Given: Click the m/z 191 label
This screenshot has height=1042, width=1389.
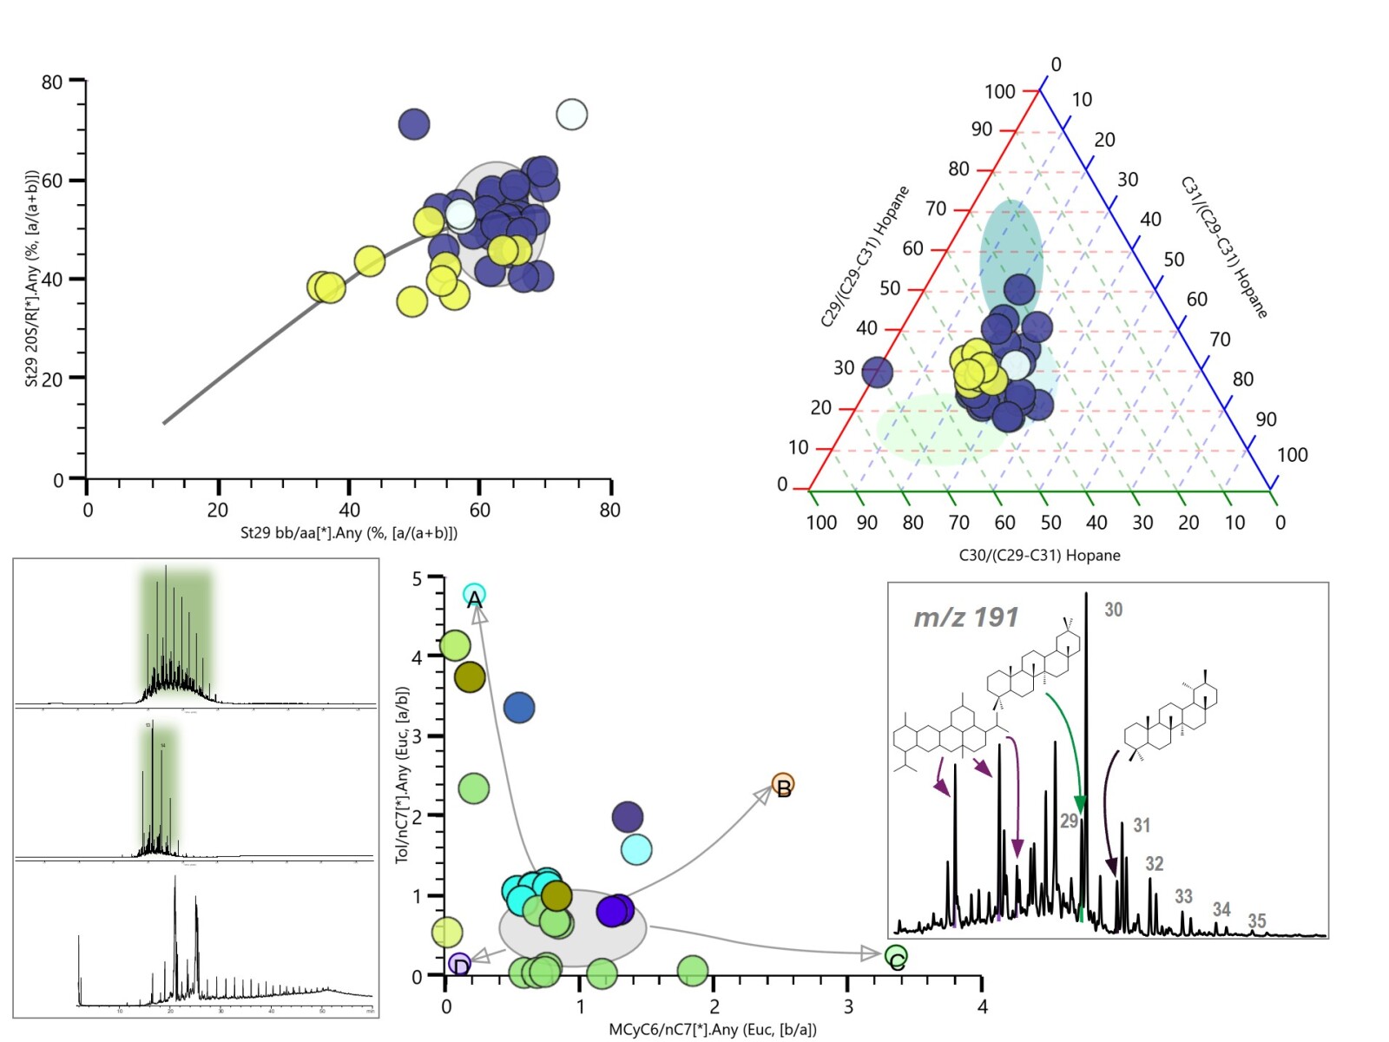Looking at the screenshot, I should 965,617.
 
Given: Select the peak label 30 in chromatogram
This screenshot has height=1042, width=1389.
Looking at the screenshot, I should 1113,610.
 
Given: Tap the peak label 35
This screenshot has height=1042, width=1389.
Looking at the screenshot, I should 1256,921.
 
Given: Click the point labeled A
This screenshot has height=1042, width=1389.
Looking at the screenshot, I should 474,596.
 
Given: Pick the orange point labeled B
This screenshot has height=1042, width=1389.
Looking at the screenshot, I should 783,785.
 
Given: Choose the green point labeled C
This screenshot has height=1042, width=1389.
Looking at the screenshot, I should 896,957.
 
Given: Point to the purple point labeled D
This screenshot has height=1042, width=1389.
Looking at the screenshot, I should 460,964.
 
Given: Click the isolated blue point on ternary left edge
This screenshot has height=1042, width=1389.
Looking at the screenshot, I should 877,373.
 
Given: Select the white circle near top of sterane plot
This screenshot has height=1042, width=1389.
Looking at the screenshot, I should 571,114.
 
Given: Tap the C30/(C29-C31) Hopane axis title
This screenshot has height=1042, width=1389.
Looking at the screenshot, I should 1039,555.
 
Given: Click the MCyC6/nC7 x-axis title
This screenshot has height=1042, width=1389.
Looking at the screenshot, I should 712,1030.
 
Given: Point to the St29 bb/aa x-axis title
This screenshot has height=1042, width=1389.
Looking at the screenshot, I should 348,532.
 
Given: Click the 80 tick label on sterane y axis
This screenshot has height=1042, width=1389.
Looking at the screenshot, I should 52,82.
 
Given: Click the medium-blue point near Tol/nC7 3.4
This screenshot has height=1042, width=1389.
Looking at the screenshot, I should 519,708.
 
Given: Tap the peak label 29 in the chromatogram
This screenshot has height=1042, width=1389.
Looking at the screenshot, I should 1069,821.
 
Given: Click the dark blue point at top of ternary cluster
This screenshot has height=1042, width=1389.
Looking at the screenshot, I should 1020,290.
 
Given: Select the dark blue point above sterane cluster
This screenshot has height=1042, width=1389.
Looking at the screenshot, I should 414,124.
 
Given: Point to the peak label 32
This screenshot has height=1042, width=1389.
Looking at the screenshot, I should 1154,863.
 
